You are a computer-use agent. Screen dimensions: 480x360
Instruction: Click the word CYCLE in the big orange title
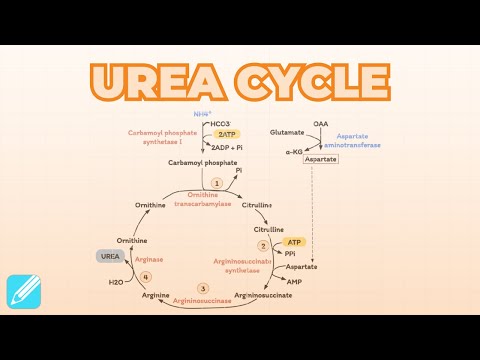[318, 79]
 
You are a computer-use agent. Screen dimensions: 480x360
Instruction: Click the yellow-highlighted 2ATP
[228, 133]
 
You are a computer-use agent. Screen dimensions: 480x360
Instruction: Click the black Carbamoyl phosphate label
[203, 161]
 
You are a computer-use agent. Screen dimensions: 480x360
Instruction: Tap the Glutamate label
[286, 132]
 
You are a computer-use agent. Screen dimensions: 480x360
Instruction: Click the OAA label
[320, 123]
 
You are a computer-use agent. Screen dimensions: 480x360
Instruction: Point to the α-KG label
[293, 152]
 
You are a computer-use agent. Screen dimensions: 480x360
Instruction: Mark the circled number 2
[263, 245]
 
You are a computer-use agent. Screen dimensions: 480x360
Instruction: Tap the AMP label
[294, 281]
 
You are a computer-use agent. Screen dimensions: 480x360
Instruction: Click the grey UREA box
[110, 256]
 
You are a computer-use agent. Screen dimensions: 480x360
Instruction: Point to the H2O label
[116, 282]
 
